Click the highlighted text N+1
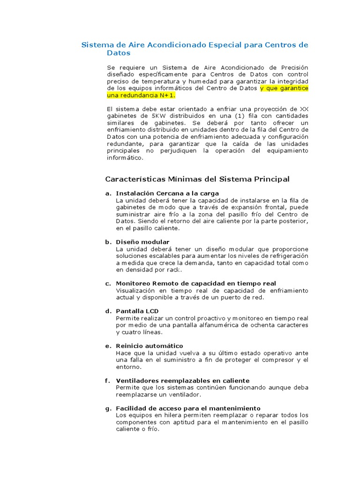pyautogui.click(x=166, y=95)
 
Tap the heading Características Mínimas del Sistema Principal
pyautogui.click(x=197, y=179)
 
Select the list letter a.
pyautogui.click(x=108, y=194)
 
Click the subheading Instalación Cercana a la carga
pyautogui.click(x=167, y=194)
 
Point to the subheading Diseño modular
pyautogui.click(x=142, y=242)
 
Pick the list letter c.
pyautogui.click(x=108, y=284)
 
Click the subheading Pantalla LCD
pyautogui.click(x=137, y=311)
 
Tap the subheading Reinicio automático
pyautogui.click(x=150, y=346)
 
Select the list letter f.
pyautogui.click(x=107, y=381)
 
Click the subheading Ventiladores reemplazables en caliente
pyautogui.click(x=182, y=381)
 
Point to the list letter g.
pyautogui.click(x=108, y=408)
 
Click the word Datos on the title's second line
pyautogui.click(x=118, y=53)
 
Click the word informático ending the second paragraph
pyautogui.click(x=125, y=158)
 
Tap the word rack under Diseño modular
pyautogui.click(x=173, y=270)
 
